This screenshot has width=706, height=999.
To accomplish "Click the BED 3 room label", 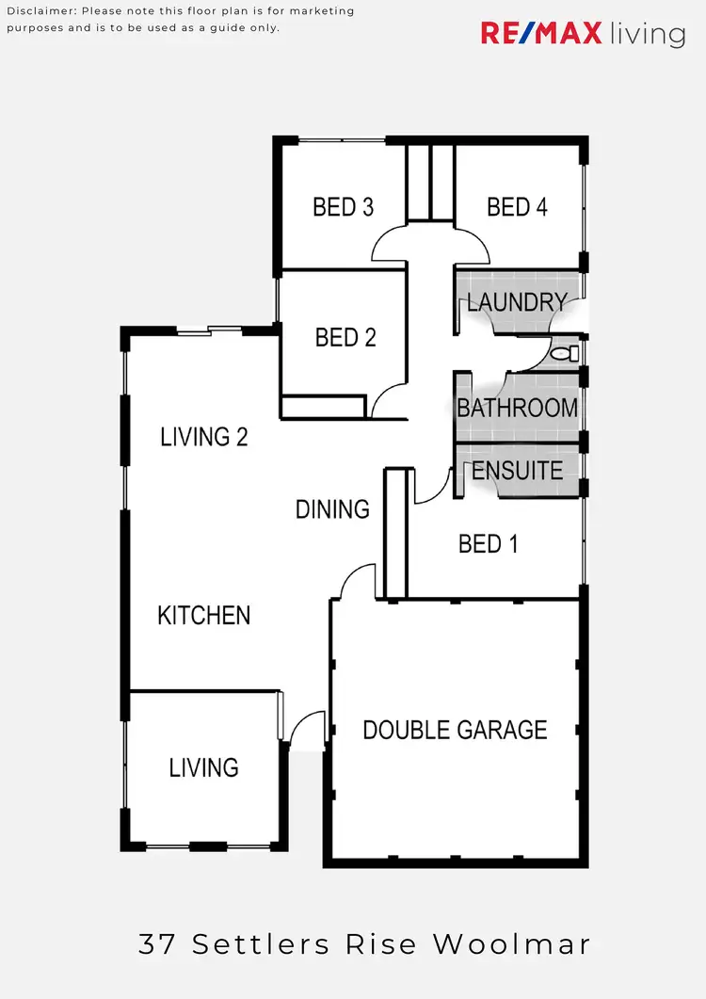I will pyautogui.click(x=343, y=207).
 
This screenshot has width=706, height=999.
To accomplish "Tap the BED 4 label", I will pyautogui.click(x=517, y=207).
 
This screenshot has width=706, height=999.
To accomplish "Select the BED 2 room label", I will pyautogui.click(x=345, y=337).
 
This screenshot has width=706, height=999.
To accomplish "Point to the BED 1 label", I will pyautogui.click(x=488, y=543).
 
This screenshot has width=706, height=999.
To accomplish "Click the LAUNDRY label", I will pyautogui.click(x=517, y=302).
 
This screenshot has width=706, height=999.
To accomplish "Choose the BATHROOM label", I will pyautogui.click(x=517, y=408).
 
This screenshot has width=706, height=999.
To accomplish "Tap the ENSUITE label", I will pyautogui.click(x=517, y=470).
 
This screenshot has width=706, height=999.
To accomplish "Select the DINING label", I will pyautogui.click(x=332, y=509).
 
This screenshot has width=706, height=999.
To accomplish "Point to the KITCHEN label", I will pyautogui.click(x=203, y=616).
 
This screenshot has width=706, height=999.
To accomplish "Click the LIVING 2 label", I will pyautogui.click(x=203, y=437).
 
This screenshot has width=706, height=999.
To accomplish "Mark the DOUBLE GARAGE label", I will pyautogui.click(x=455, y=730).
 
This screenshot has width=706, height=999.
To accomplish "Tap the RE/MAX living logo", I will pyautogui.click(x=583, y=35).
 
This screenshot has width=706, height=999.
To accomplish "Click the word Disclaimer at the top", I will pyautogui.click(x=41, y=11).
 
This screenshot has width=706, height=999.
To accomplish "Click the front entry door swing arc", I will pyautogui.click(x=306, y=730).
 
